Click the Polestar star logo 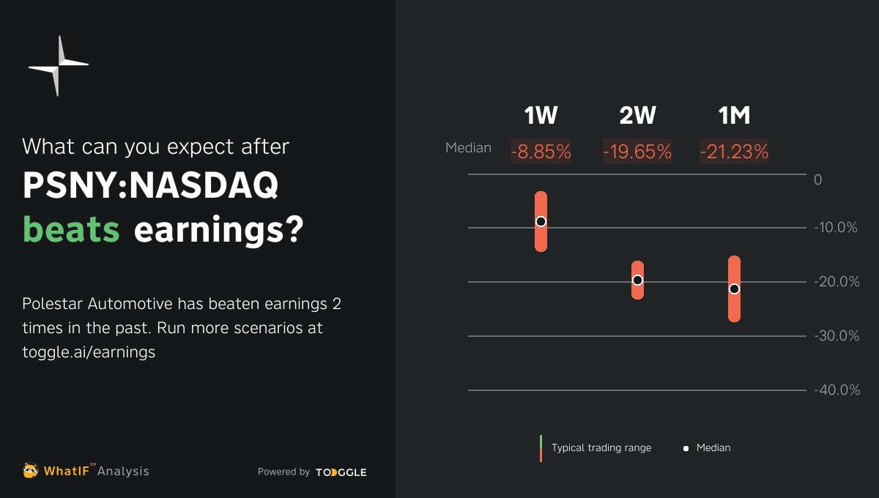pos(58,66)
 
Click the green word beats pos(71,231)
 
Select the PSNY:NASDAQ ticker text pos(150,187)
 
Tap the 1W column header pos(541,116)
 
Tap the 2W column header pos(637,116)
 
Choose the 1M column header pos(734,116)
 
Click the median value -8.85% pos(541,152)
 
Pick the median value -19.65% pos(637,152)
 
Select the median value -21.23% pos(734,152)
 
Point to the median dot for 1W pos(541,221)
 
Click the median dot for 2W pos(637,280)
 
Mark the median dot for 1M pos(734,289)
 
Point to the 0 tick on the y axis pos(818,180)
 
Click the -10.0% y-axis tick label pos(836,228)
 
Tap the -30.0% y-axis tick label pos(836,336)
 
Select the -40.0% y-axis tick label pos(836,390)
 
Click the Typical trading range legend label pos(601,447)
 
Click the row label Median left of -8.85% pos(468,148)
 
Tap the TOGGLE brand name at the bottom pos(341,472)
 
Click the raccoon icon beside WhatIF pos(31,471)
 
